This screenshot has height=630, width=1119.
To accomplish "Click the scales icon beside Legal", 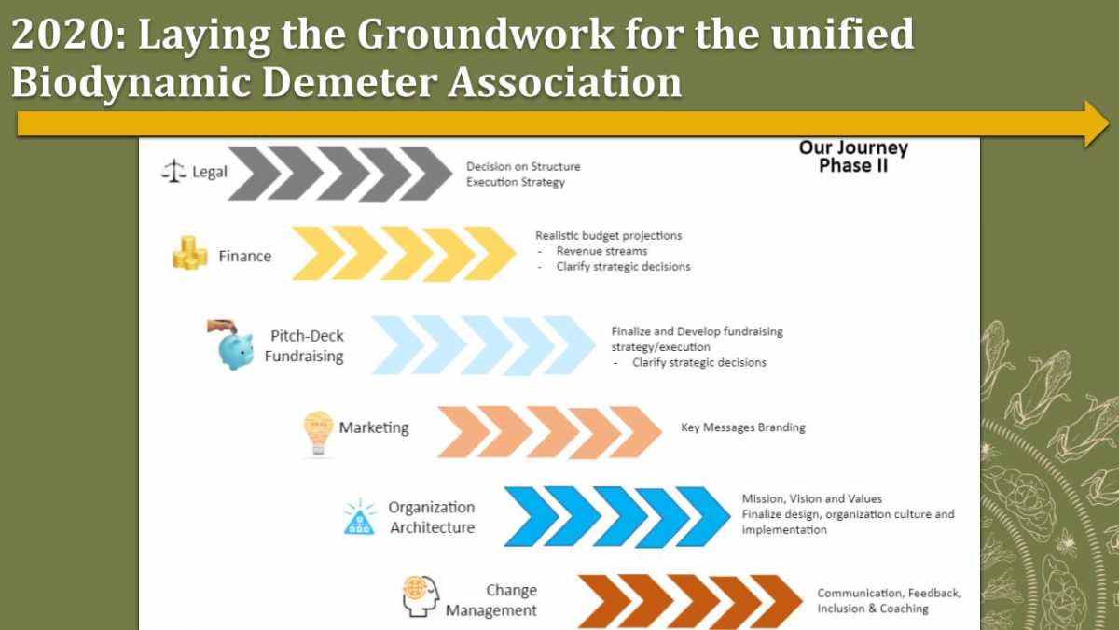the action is pos(173,171).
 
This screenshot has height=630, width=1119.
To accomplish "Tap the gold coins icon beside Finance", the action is pos(190,253).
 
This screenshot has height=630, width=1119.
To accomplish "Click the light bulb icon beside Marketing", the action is pos(318,433).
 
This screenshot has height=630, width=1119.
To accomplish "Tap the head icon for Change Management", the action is pos(421,596).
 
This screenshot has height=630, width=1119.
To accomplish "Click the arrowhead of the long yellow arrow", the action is pos(1097,123).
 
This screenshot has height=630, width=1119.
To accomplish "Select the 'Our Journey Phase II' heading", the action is pos(853,157).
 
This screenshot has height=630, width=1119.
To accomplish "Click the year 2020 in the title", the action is pos(62,34).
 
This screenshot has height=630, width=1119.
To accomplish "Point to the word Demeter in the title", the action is pos(350,81).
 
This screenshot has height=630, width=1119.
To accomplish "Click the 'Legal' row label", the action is pos(210,172).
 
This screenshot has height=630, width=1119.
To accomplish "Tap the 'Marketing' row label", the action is pos(374,427).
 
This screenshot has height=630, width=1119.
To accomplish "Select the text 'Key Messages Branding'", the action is pos(743,427).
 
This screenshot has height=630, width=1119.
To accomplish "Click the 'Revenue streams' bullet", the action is pos(602,251).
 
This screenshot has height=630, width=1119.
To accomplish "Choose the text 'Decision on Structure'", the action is pos(523,166).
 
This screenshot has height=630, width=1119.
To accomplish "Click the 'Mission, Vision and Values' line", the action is pos(812,499).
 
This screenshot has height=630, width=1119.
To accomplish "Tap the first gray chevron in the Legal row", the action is pos(256,174).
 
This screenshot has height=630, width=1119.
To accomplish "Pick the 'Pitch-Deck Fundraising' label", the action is pos(304,346).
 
